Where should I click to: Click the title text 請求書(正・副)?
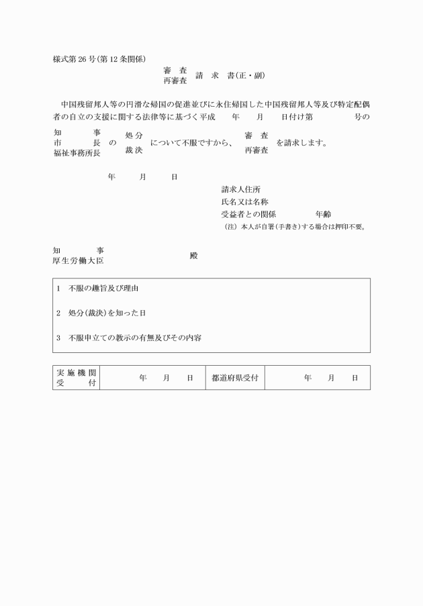tap(226, 75)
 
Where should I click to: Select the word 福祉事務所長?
tap(77, 154)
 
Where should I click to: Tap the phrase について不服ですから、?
tap(191, 143)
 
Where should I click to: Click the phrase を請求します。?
tap(301, 143)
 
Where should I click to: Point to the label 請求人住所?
tap(241, 189)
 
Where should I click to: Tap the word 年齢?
tap(323, 215)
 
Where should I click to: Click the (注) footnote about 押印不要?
tap(294, 227)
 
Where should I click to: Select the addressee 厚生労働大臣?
tap(78, 261)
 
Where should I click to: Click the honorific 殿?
tap(193, 256)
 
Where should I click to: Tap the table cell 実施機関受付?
tap(76, 378)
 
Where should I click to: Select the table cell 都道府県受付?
tap(234, 378)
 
